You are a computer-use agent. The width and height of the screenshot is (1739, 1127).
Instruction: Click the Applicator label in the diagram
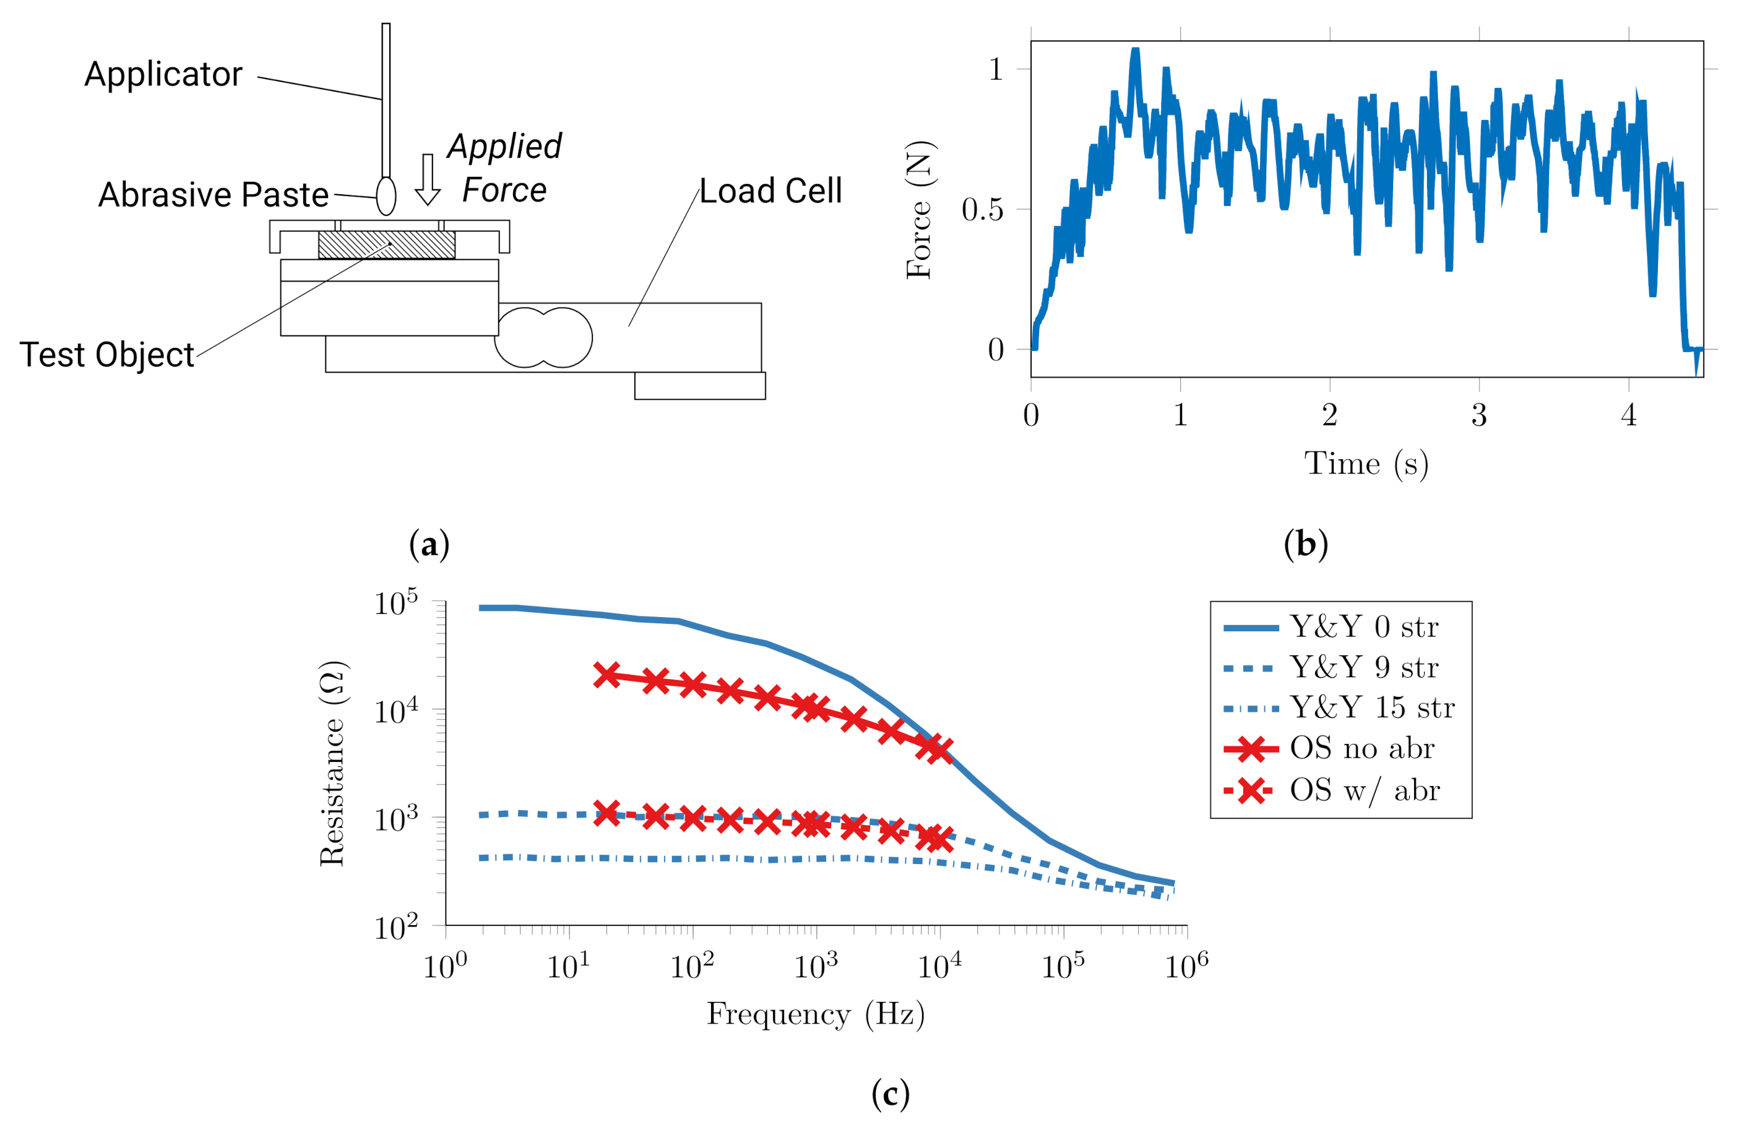point(163,74)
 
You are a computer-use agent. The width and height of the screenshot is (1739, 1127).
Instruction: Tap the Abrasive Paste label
point(214,195)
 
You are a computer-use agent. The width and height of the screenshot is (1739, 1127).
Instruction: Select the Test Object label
point(106,355)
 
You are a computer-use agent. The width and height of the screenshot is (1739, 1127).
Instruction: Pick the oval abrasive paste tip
point(386,196)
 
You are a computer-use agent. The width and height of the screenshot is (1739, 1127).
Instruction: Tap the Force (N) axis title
point(919,210)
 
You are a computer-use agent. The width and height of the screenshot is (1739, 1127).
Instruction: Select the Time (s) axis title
point(1366,464)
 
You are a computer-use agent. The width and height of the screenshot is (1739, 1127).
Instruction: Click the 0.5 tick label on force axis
point(982,210)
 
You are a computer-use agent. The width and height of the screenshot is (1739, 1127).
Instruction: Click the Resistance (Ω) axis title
point(333,764)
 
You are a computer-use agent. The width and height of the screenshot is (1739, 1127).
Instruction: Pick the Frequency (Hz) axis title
point(816,1014)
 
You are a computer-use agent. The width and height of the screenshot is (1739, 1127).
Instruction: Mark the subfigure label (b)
point(1305,545)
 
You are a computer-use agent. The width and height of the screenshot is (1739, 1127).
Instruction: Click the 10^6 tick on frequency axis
point(1186,967)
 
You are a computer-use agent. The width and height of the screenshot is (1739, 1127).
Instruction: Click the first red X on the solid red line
point(606,675)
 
